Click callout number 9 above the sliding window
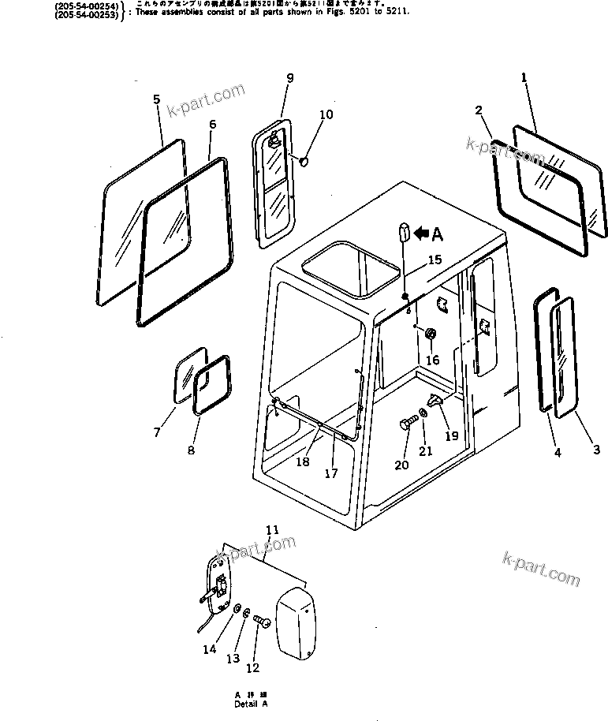(x=289, y=77)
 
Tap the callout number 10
(x=326, y=114)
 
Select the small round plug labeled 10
(x=301, y=162)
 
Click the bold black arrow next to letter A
(x=422, y=233)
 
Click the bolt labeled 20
(x=406, y=424)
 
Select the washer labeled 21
(x=424, y=414)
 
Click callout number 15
(x=435, y=260)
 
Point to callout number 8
(x=190, y=450)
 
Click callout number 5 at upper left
(x=156, y=99)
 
